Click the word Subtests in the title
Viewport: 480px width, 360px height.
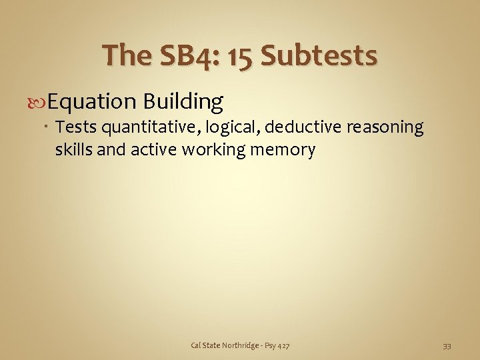click(x=319, y=56)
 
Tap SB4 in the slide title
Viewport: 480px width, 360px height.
click(x=183, y=56)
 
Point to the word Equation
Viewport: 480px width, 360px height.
click(x=92, y=101)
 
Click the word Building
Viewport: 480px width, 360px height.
click(x=183, y=101)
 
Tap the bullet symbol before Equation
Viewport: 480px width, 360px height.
click(x=39, y=102)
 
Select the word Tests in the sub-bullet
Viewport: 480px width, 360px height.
click(x=75, y=127)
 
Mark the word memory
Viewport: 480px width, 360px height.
click(x=282, y=149)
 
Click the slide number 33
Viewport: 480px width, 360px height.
click(x=447, y=345)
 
